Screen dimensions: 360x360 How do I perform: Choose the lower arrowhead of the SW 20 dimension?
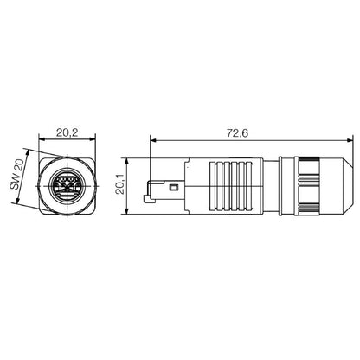(x=16, y=201)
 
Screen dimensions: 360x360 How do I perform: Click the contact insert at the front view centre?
(x=67, y=184)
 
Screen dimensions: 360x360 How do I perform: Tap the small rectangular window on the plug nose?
(x=173, y=188)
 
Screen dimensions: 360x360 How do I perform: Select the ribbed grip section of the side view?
(x=227, y=186)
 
